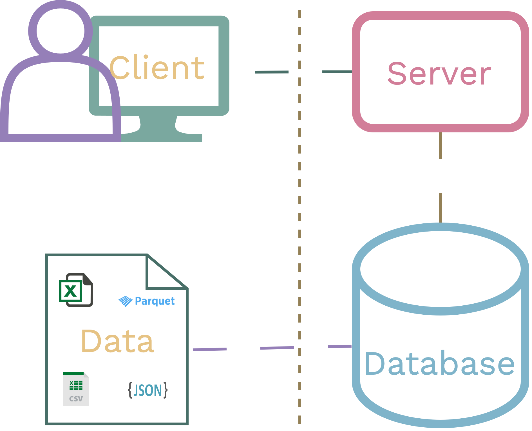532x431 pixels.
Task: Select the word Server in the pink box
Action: (439, 74)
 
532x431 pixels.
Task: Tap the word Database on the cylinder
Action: (439, 364)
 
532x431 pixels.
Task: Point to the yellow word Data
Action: (117, 341)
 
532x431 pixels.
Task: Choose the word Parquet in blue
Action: (155, 301)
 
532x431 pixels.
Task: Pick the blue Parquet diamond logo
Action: (125, 301)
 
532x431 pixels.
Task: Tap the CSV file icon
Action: (76, 389)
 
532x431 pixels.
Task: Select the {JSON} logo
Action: (148, 390)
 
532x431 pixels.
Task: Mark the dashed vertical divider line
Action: (300, 197)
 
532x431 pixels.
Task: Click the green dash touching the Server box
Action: (337, 72)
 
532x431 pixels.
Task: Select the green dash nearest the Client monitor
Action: (272, 72)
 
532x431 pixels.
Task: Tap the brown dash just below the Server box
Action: (441, 146)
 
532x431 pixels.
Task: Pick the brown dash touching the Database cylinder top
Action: (441, 208)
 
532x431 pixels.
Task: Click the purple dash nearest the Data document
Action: (210, 349)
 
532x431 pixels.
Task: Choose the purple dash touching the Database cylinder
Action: (340, 346)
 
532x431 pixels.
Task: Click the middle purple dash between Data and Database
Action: (277, 348)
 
